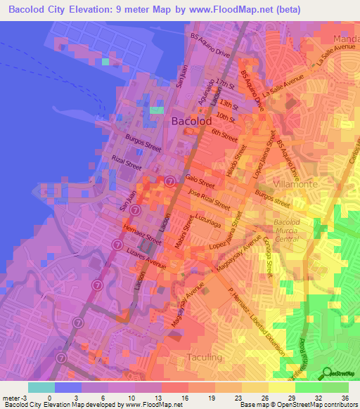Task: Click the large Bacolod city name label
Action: point(191,122)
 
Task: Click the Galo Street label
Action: point(200,182)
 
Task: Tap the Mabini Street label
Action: point(187,230)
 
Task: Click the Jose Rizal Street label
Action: point(210,201)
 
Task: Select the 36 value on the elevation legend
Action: point(344,397)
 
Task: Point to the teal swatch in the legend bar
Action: point(41,387)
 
